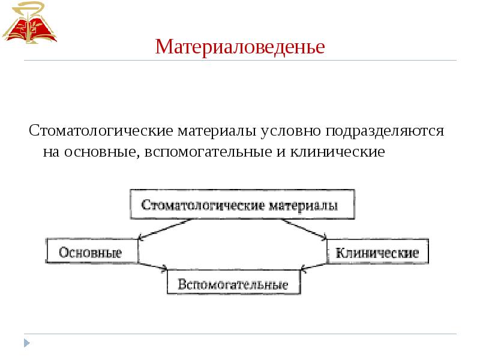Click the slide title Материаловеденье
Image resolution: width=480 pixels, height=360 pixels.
(240, 46)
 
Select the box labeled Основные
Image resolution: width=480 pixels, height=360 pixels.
(91, 252)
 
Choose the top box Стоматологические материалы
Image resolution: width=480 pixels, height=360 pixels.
(240, 205)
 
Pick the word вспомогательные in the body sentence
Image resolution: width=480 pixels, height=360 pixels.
(207, 151)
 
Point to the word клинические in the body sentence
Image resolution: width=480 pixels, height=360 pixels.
(338, 151)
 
